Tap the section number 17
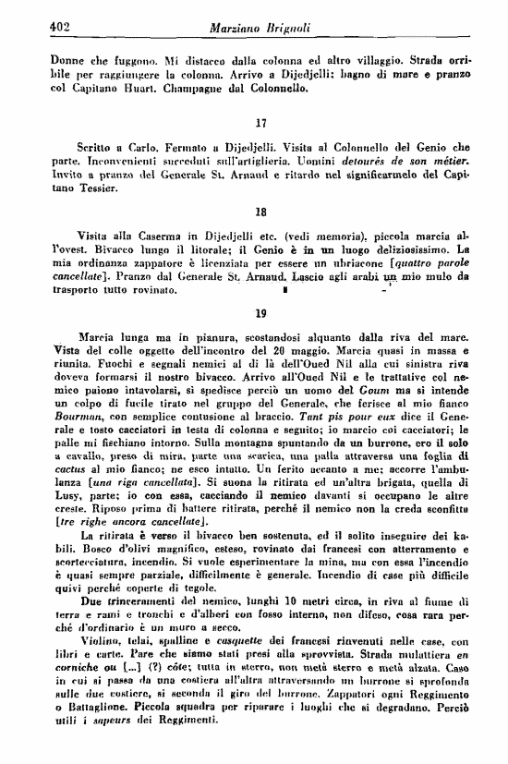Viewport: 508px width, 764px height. coord(260,122)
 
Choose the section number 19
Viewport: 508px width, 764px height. coord(260,313)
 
